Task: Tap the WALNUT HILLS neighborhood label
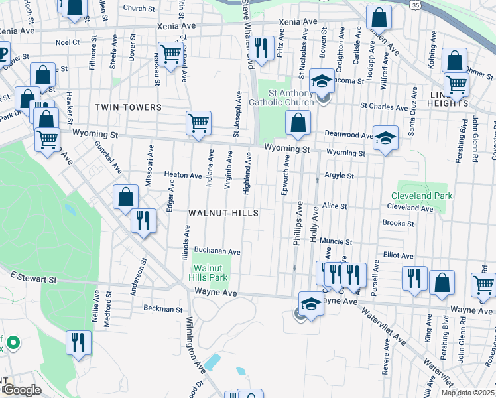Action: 221,213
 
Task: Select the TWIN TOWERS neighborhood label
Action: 128,107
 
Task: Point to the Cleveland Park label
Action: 421,196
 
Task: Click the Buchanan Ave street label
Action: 217,252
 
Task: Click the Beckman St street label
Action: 162,309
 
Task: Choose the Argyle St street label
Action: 339,176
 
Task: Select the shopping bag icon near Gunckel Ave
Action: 125,197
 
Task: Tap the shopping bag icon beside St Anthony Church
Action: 298,123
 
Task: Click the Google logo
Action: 21,391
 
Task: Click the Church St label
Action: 139,9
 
